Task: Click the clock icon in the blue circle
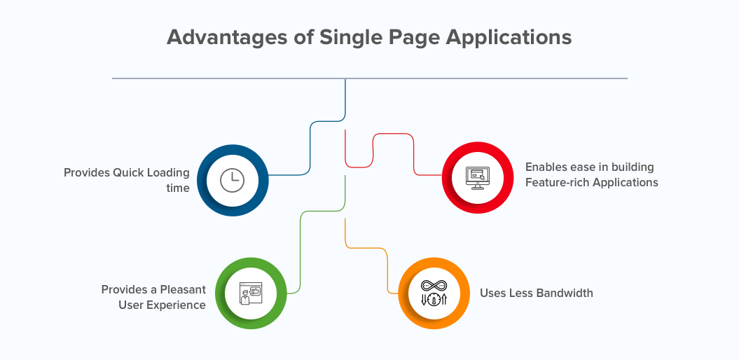(233, 181)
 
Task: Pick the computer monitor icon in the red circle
(478, 178)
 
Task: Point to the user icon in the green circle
(250, 293)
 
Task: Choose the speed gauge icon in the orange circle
(434, 293)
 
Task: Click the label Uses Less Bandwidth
(537, 293)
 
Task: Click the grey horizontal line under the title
(370, 78)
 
